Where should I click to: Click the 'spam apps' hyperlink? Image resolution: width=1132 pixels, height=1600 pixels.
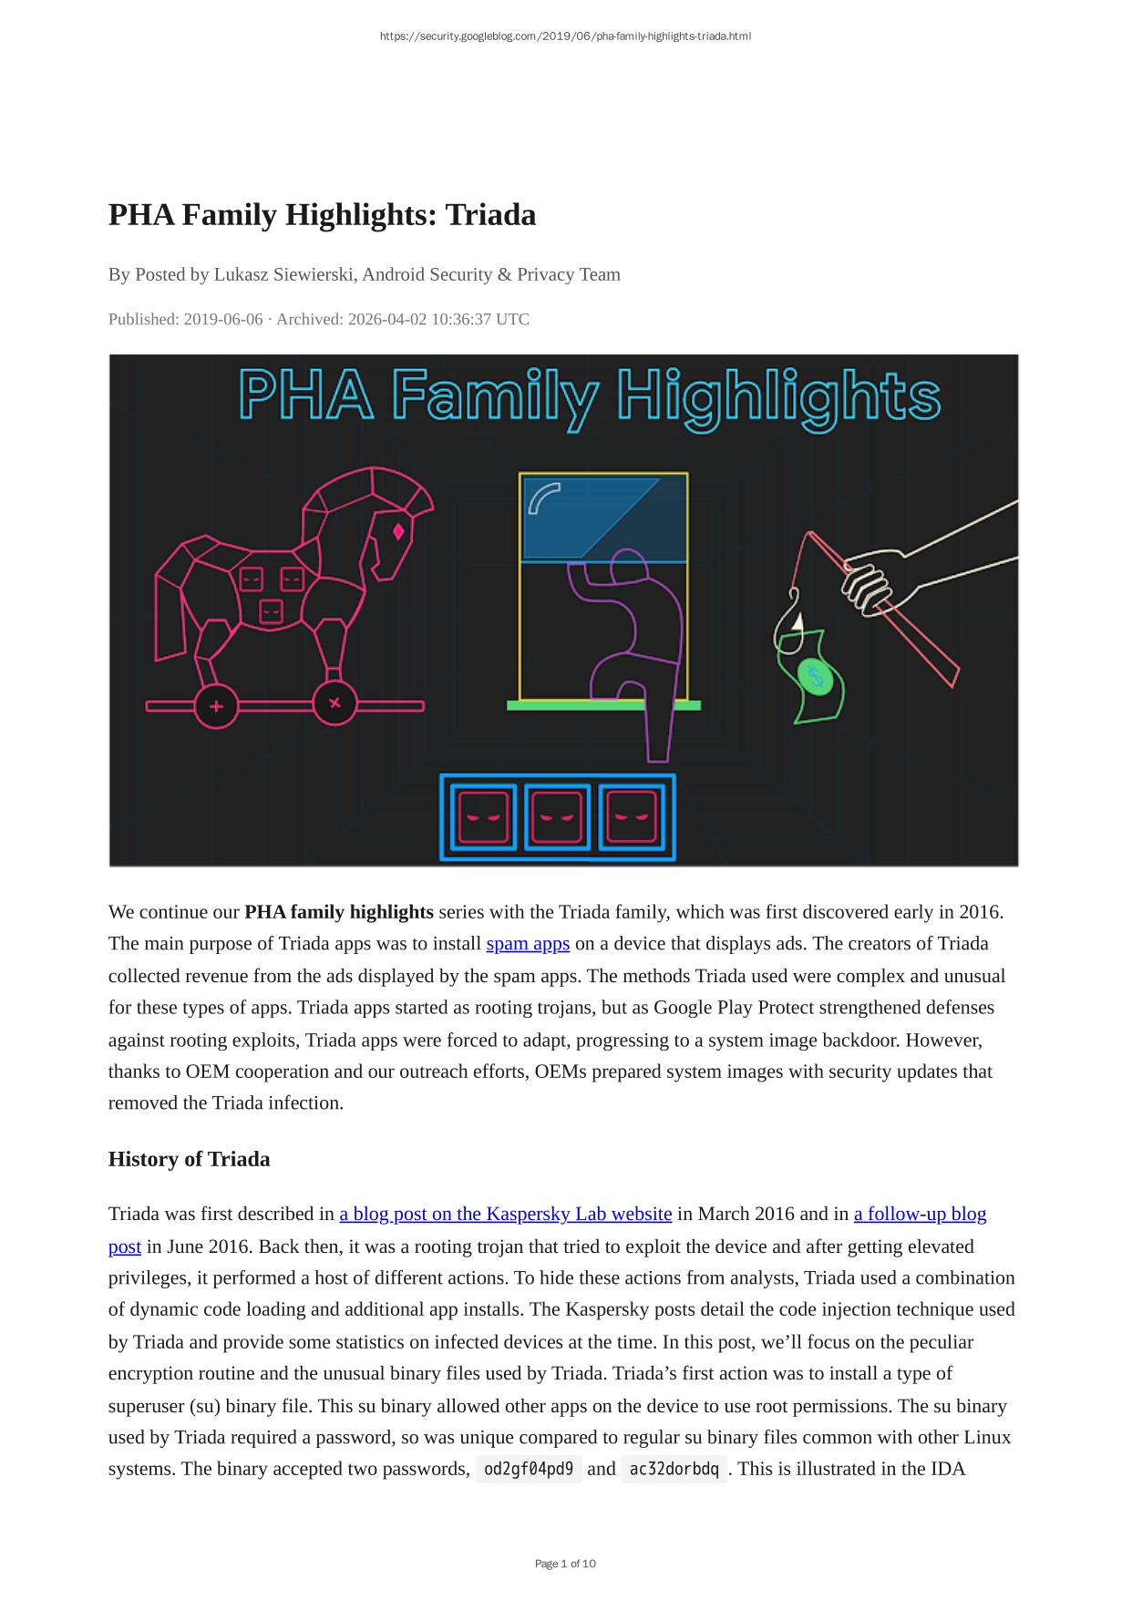tap(528, 944)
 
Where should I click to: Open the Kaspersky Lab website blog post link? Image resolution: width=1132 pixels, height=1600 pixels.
tap(505, 1214)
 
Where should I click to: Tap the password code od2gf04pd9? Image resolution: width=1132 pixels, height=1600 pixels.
tap(529, 1469)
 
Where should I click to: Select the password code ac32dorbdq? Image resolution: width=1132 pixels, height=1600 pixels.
tap(674, 1469)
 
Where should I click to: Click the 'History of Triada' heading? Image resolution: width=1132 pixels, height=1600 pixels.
tap(189, 1159)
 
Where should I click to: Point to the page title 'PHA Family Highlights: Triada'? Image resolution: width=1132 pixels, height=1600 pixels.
tap(322, 215)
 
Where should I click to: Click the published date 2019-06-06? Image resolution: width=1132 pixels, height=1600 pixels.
tap(222, 319)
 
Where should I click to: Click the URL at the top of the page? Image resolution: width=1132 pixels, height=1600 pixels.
tap(565, 36)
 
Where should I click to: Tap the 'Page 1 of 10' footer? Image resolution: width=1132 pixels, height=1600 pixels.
tap(565, 1564)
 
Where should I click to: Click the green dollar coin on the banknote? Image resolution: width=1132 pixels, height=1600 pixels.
tap(815, 678)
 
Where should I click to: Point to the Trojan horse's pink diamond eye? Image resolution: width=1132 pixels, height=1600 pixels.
tap(398, 531)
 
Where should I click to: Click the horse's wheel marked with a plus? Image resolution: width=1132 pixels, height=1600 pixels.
tap(216, 706)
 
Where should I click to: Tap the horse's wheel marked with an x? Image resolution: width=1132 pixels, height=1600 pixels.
tap(334, 703)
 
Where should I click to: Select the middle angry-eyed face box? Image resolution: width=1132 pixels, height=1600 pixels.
tap(558, 817)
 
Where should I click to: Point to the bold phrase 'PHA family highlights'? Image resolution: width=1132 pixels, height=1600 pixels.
tap(339, 912)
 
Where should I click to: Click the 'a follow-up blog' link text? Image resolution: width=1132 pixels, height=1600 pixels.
tap(920, 1214)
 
